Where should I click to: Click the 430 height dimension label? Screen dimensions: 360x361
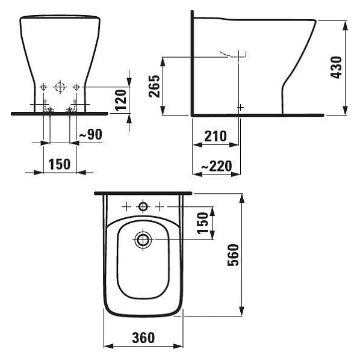coord(336,67)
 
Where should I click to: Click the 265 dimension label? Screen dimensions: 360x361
coord(154,86)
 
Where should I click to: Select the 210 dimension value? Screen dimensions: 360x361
coord(216,136)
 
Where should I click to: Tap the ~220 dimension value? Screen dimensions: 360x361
coord(217,166)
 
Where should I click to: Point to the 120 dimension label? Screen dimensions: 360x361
coord(121,100)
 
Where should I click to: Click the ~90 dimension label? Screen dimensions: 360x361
coord(90,134)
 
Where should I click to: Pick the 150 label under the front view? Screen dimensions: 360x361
coord(60,164)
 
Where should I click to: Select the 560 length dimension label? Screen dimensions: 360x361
coord(233,255)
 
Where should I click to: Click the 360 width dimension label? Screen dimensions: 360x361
coord(143,338)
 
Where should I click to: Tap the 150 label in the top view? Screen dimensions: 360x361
coord(203,223)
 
